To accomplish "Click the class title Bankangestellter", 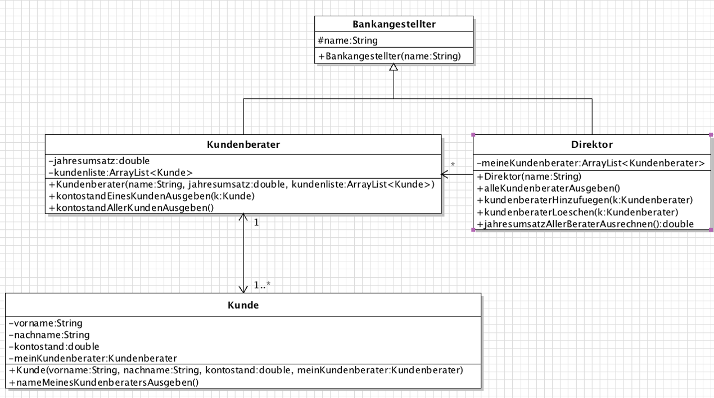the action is [394, 24].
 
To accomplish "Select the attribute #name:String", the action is [348, 40].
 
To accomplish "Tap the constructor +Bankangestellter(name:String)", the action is [390, 56].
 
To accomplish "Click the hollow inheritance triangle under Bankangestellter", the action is [394, 67].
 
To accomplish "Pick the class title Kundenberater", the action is [243, 144].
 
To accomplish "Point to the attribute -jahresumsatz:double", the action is [99, 161].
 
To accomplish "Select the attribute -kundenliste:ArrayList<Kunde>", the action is [121, 173].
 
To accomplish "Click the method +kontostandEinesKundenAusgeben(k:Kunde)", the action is [152, 196].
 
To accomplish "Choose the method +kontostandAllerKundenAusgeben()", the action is [132, 208].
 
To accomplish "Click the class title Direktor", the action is [592, 144].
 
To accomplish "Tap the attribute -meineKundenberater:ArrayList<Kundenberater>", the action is [591, 163].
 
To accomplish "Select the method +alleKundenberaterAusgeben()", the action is [549, 188].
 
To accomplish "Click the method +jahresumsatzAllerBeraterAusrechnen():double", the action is [585, 224].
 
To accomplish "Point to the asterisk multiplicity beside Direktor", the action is [453, 164].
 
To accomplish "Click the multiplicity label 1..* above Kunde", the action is [262, 284].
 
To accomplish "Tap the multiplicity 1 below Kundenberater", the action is [256, 223].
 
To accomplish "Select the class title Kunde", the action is [243, 305].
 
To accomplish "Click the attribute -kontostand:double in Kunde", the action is [54, 346].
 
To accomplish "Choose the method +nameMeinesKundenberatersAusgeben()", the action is [104, 382].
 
